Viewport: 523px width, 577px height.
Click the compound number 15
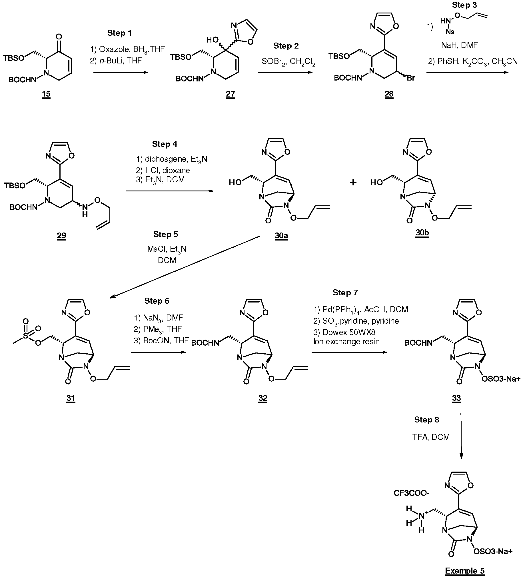46,94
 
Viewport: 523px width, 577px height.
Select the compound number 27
230,94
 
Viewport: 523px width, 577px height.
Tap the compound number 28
389,94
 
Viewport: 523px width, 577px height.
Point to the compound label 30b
422,233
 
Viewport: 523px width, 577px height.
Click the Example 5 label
465,571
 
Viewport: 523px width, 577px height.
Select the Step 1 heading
119,33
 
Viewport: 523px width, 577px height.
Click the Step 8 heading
426,420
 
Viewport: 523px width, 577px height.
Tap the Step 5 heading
165,234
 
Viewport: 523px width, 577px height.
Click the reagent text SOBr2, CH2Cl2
288,61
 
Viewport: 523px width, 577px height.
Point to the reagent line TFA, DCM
431,437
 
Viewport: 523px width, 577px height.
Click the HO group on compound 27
212,40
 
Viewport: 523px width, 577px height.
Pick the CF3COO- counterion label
412,493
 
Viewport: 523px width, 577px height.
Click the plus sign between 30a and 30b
353,182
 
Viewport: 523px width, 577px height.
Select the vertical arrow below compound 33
461,435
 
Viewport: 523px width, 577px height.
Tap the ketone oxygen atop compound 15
59,37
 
